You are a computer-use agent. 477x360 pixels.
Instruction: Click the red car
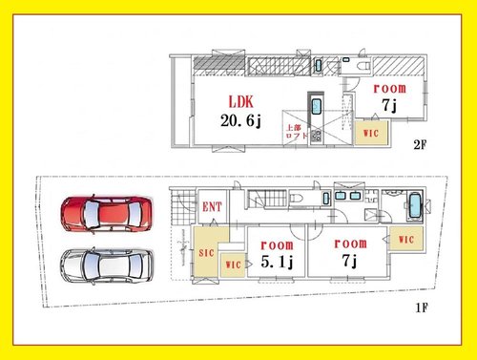tap(107, 214)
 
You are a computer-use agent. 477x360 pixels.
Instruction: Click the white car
tap(107, 266)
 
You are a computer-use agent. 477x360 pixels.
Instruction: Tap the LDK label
tap(241, 102)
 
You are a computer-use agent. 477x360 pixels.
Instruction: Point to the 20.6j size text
tap(240, 120)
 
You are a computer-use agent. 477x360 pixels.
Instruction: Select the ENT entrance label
tap(212, 207)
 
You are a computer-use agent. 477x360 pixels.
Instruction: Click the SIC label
tap(206, 253)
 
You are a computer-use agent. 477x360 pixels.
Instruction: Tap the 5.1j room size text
tap(277, 262)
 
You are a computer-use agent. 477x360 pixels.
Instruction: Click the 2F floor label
tap(420, 145)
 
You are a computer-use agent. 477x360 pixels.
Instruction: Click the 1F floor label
tap(422, 307)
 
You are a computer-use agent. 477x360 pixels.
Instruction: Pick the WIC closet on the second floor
tap(371, 133)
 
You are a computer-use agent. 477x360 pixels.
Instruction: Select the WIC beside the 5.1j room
tap(233, 265)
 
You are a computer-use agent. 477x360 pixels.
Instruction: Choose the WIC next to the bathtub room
tap(406, 239)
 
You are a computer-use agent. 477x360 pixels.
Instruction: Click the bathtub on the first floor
tap(415, 205)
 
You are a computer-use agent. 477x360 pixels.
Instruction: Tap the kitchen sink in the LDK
tap(316, 107)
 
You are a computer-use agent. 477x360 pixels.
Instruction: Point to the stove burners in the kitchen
tap(316, 137)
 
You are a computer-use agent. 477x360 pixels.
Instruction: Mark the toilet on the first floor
tap(297, 199)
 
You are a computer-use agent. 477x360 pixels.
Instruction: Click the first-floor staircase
tap(267, 199)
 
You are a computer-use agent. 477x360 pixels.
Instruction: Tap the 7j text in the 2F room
tap(389, 105)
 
